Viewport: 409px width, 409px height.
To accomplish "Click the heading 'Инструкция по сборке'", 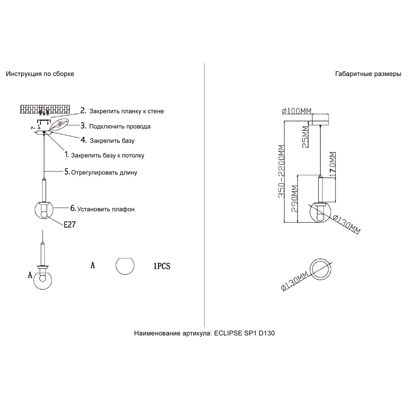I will click(x=40, y=74).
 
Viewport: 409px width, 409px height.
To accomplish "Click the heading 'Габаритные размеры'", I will click(x=368, y=74).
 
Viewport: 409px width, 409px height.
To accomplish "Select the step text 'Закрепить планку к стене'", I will click(x=126, y=111).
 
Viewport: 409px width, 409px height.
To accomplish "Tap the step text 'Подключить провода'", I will click(x=120, y=126).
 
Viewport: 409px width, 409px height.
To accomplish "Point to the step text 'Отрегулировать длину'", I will click(x=104, y=172).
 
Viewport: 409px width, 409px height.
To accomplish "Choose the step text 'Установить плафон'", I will click(x=106, y=209).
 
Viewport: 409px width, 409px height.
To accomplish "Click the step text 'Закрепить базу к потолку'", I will click(x=107, y=155).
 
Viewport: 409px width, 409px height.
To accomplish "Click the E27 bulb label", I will click(x=69, y=224).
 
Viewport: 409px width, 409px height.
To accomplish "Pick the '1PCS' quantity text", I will click(x=162, y=266).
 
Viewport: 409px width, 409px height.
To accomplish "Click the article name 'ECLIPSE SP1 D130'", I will click(x=244, y=333).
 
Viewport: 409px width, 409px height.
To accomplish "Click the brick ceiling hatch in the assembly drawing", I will click(x=45, y=109).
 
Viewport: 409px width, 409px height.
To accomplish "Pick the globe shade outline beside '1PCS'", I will click(x=125, y=266).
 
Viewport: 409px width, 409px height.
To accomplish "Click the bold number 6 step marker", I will click(x=73, y=208).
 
